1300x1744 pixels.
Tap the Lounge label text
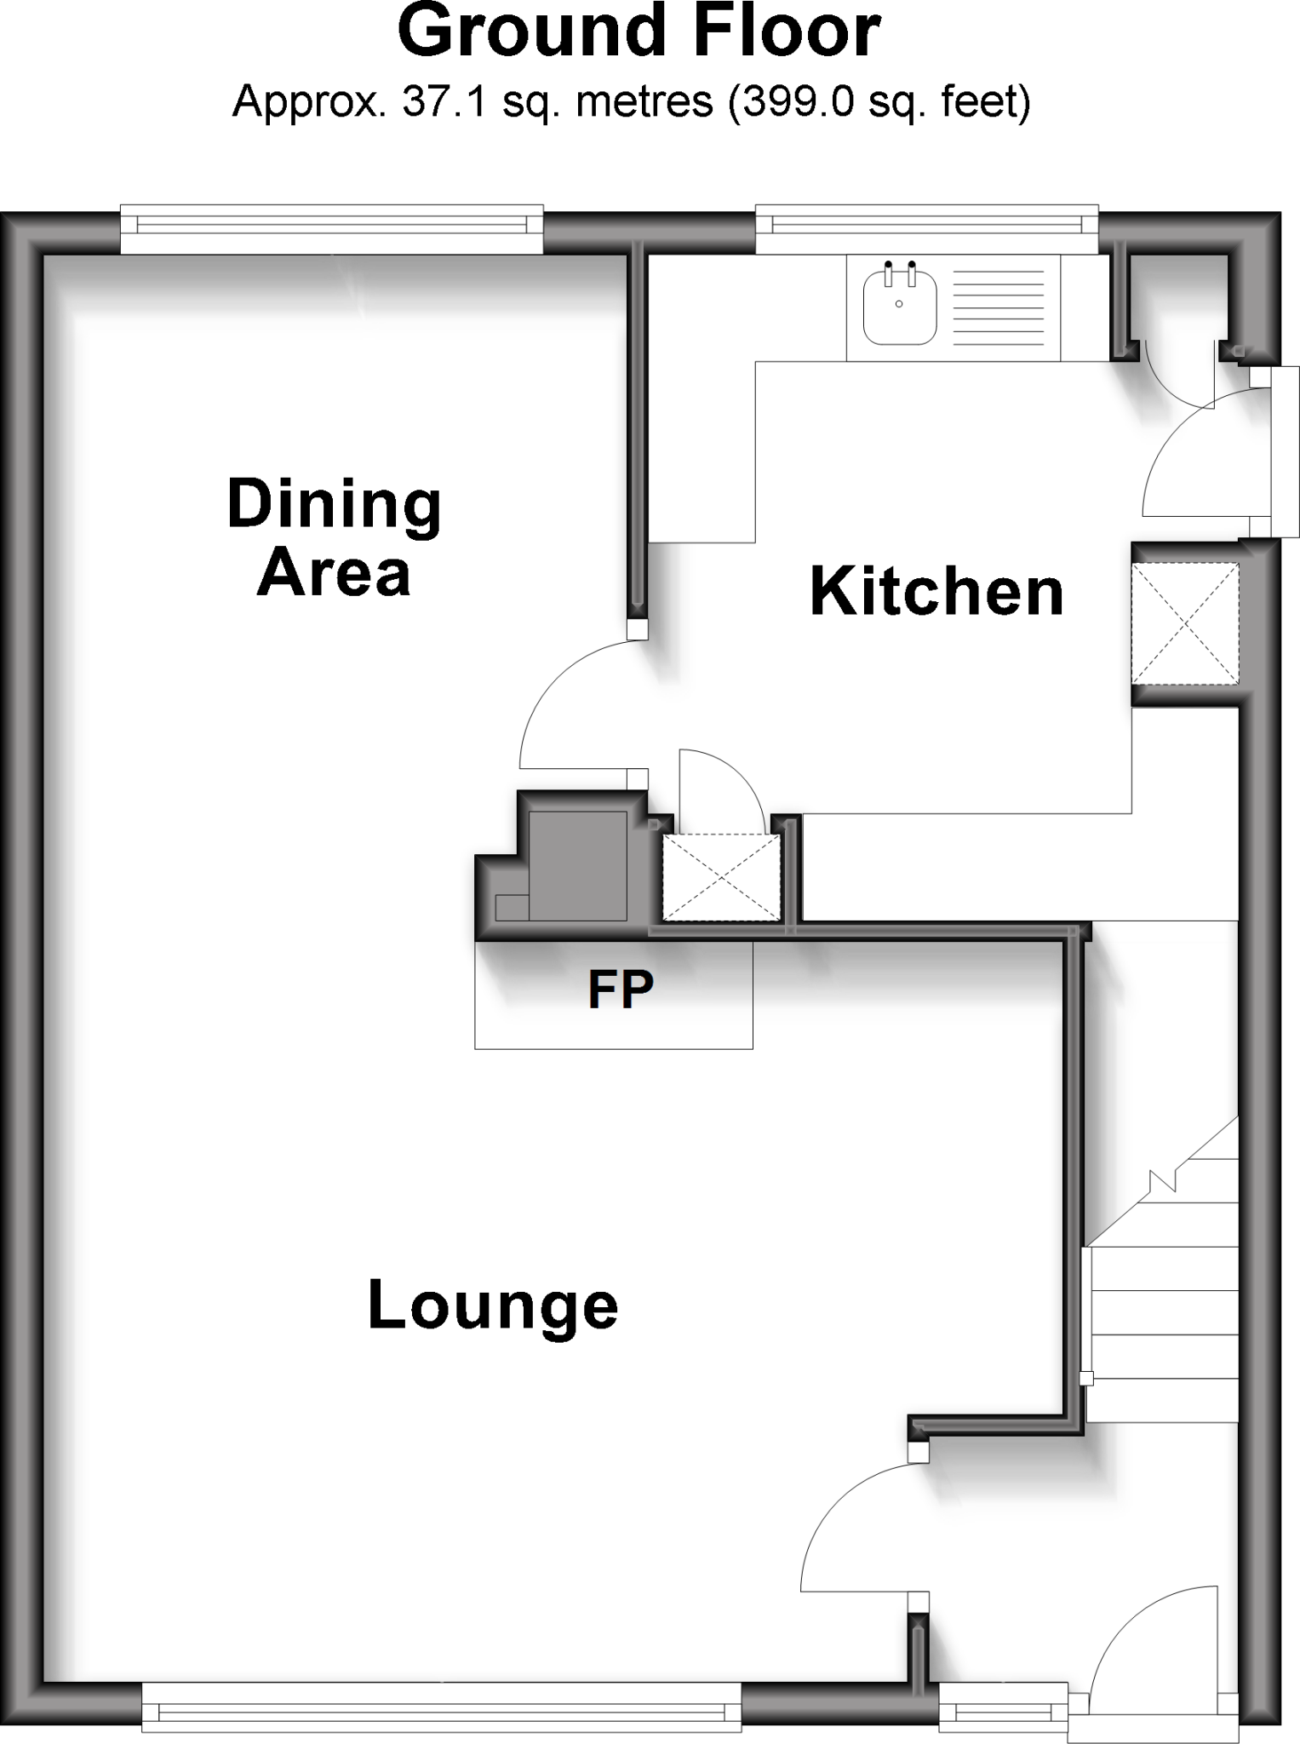(492, 1305)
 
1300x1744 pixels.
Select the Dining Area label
(334, 538)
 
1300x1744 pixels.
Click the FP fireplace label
(621, 990)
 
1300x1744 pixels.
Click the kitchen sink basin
(899, 307)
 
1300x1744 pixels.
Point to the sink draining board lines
(998, 307)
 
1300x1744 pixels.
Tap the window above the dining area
(331, 227)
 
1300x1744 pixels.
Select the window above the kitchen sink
(927, 227)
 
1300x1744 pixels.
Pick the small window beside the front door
(1003, 1710)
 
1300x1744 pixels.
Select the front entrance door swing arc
(1141, 1644)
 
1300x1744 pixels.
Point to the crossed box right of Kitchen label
(1184, 624)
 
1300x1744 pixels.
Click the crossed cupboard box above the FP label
(721, 877)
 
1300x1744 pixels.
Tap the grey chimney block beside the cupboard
(577, 865)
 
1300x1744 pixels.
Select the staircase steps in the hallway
(1162, 1311)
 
